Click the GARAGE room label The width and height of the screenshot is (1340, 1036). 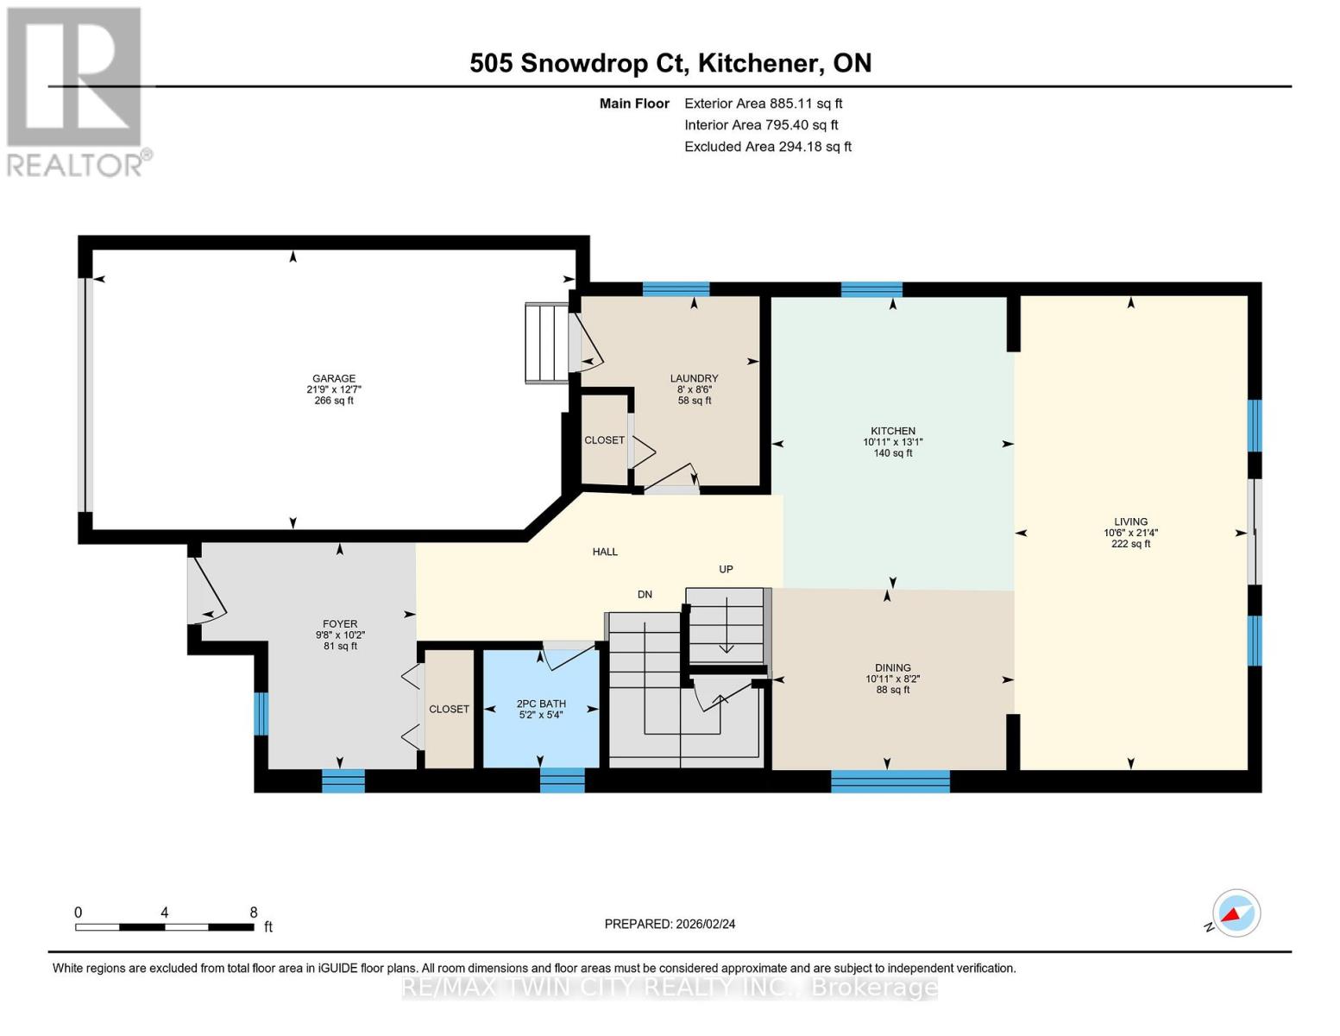point(334,379)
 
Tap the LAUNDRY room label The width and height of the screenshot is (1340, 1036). point(694,379)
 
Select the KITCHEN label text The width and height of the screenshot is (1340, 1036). point(892,432)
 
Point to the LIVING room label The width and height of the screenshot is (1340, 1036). point(1130,522)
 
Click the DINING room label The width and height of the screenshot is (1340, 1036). point(892,668)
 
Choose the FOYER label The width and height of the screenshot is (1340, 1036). point(340,624)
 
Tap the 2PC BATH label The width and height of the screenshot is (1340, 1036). point(541,704)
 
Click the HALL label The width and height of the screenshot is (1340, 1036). point(605,553)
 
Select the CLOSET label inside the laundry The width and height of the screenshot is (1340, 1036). point(604,440)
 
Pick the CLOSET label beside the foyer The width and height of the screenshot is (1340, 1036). point(449,710)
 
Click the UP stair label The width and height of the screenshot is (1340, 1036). point(726,570)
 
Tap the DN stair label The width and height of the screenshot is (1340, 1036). point(645,595)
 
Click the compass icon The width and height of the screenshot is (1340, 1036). point(1236,913)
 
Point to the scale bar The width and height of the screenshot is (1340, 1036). point(164,927)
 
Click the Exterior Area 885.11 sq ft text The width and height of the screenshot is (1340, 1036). point(763,104)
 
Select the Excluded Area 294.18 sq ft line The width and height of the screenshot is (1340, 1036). point(767,147)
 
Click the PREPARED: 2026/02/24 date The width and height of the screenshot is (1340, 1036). point(670,925)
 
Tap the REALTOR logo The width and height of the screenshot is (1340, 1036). point(75,91)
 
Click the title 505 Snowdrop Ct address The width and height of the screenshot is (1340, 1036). point(670,63)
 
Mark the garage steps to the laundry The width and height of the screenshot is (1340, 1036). point(547,343)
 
